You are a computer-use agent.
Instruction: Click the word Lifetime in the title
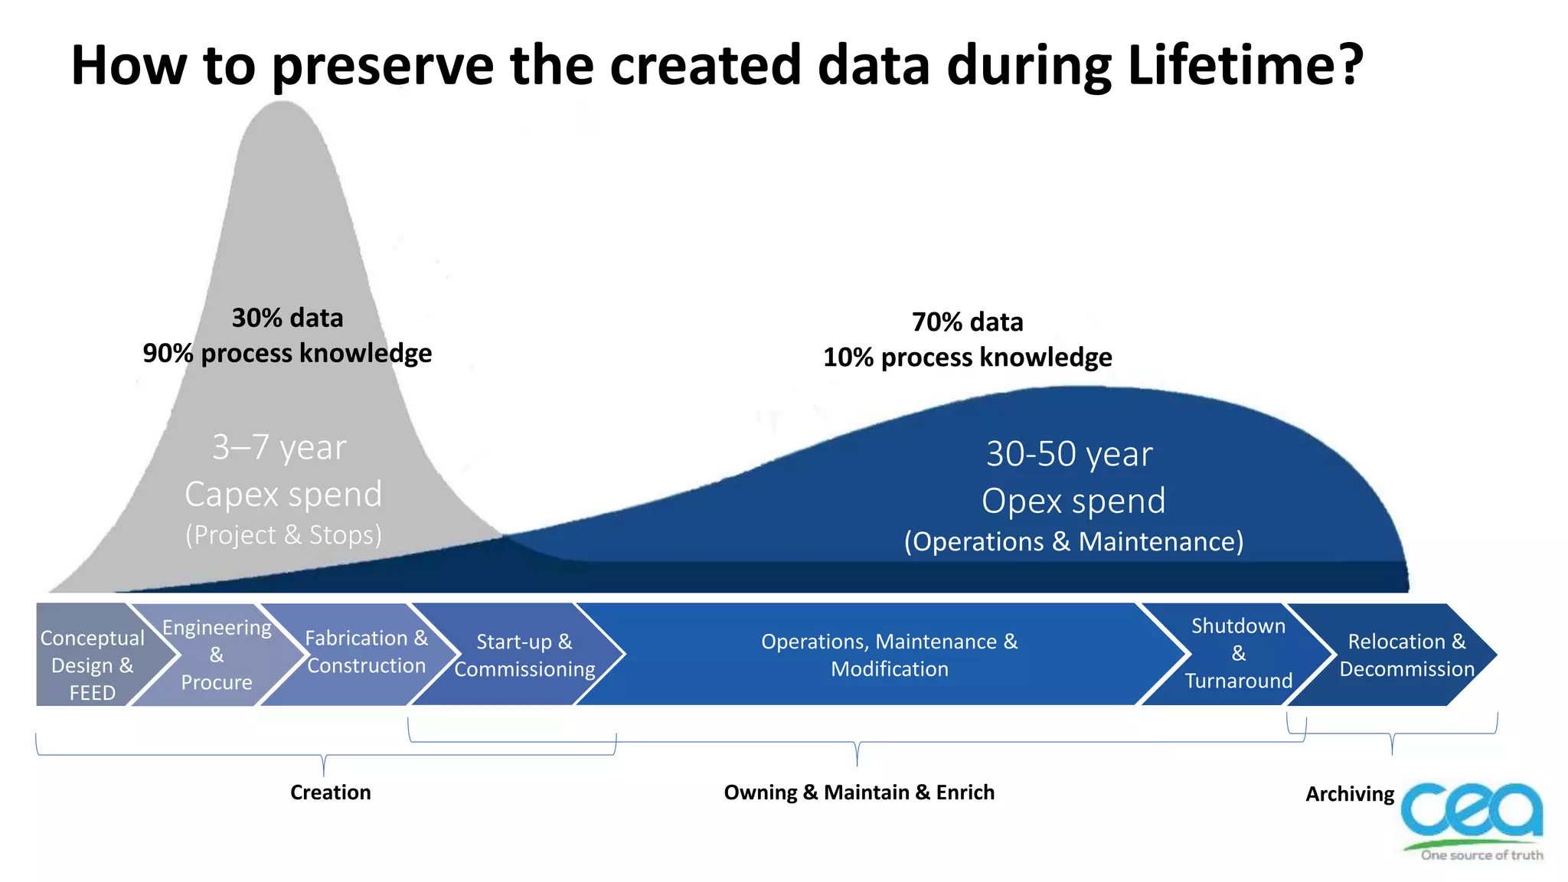pyautogui.click(x=1244, y=66)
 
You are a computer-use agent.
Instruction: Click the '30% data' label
pyautogui.click(x=287, y=318)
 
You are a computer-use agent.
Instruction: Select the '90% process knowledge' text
pyautogui.click(x=287, y=354)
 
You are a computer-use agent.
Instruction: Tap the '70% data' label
pyautogui.click(x=967, y=322)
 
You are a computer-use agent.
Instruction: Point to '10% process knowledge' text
pyautogui.click(x=967, y=358)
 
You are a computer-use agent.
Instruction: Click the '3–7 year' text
pyautogui.click(x=279, y=447)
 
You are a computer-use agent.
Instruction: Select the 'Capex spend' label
pyautogui.click(x=283, y=495)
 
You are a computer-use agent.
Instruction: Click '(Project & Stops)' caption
pyautogui.click(x=283, y=535)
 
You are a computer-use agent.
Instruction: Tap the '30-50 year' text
pyautogui.click(x=1069, y=454)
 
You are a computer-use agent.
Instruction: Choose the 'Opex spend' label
pyautogui.click(x=1073, y=501)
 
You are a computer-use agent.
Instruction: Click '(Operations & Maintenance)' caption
pyautogui.click(x=1073, y=542)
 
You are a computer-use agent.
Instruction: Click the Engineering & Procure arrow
pyautogui.click(x=217, y=655)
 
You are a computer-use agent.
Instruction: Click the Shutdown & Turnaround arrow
pyautogui.click(x=1238, y=653)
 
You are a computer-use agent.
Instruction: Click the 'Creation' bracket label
pyautogui.click(x=330, y=792)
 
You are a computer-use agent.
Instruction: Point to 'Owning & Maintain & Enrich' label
pyautogui.click(x=859, y=792)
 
